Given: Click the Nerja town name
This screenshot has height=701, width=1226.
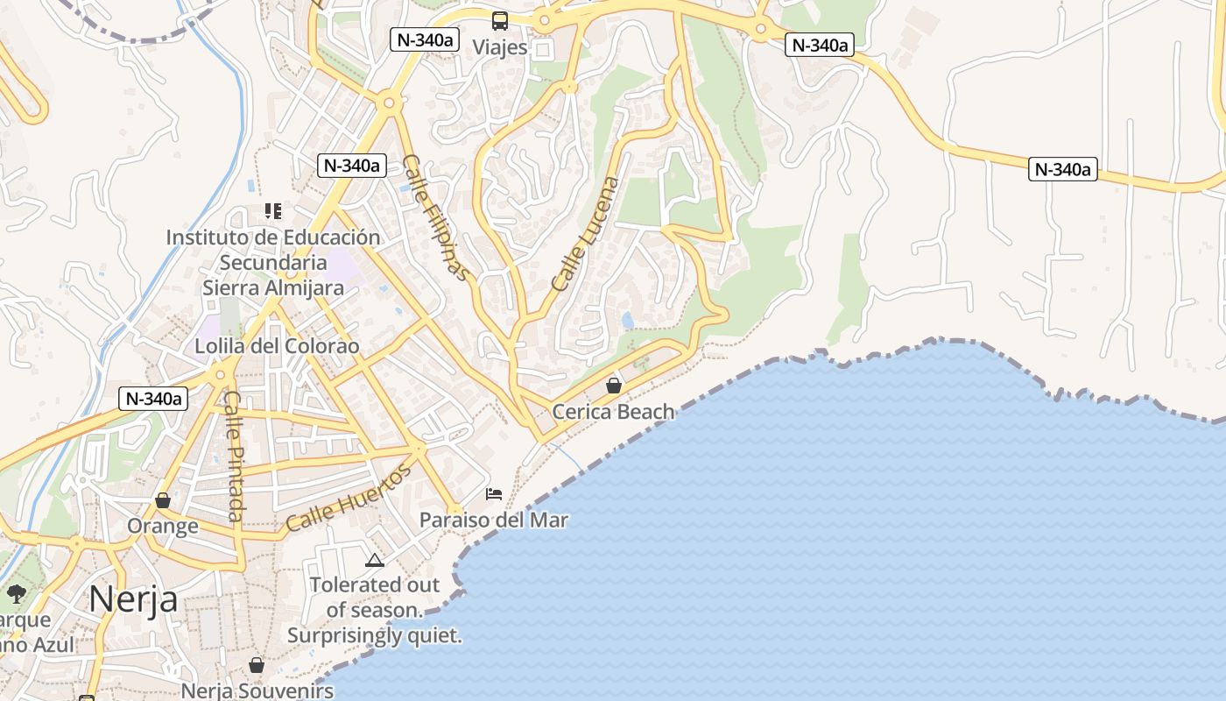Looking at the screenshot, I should pyautogui.click(x=133, y=599).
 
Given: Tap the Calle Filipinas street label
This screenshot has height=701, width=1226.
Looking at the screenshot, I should pyautogui.click(x=436, y=217).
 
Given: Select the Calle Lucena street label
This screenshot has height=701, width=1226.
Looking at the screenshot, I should pyautogui.click(x=586, y=234).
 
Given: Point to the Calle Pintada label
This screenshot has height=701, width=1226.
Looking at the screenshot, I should pyautogui.click(x=232, y=455).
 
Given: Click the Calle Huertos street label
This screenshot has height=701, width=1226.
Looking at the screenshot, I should pyautogui.click(x=348, y=498).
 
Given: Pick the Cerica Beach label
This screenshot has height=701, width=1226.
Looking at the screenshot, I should pyautogui.click(x=613, y=411).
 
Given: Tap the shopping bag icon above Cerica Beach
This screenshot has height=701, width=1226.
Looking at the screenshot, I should pyautogui.click(x=614, y=385).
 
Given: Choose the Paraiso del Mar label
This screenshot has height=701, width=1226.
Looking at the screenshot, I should pyautogui.click(x=494, y=520).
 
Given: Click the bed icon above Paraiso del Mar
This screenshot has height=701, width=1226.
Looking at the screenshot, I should pyautogui.click(x=494, y=494).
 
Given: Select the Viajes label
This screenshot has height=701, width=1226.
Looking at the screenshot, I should pyautogui.click(x=500, y=46).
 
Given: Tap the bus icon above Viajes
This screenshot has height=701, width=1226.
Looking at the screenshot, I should pyautogui.click(x=500, y=21).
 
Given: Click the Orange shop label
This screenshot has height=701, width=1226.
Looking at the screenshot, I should pyautogui.click(x=163, y=526).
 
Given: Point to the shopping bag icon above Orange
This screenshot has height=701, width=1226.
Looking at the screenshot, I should pyautogui.click(x=163, y=500).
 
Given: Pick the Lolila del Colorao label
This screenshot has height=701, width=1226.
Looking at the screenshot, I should pyautogui.click(x=277, y=345).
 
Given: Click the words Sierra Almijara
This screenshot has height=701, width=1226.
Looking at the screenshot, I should pyautogui.click(x=273, y=287).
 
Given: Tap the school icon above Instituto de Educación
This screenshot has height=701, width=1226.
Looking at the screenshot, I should pyautogui.click(x=273, y=211).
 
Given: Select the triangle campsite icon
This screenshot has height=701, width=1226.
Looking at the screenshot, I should pyautogui.click(x=375, y=560).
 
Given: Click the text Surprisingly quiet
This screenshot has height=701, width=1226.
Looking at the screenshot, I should pyautogui.click(x=375, y=635).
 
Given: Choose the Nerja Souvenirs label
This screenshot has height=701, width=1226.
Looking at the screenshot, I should pyautogui.click(x=257, y=690).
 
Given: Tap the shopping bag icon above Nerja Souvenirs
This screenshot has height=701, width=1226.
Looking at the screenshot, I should pyautogui.click(x=257, y=665).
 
